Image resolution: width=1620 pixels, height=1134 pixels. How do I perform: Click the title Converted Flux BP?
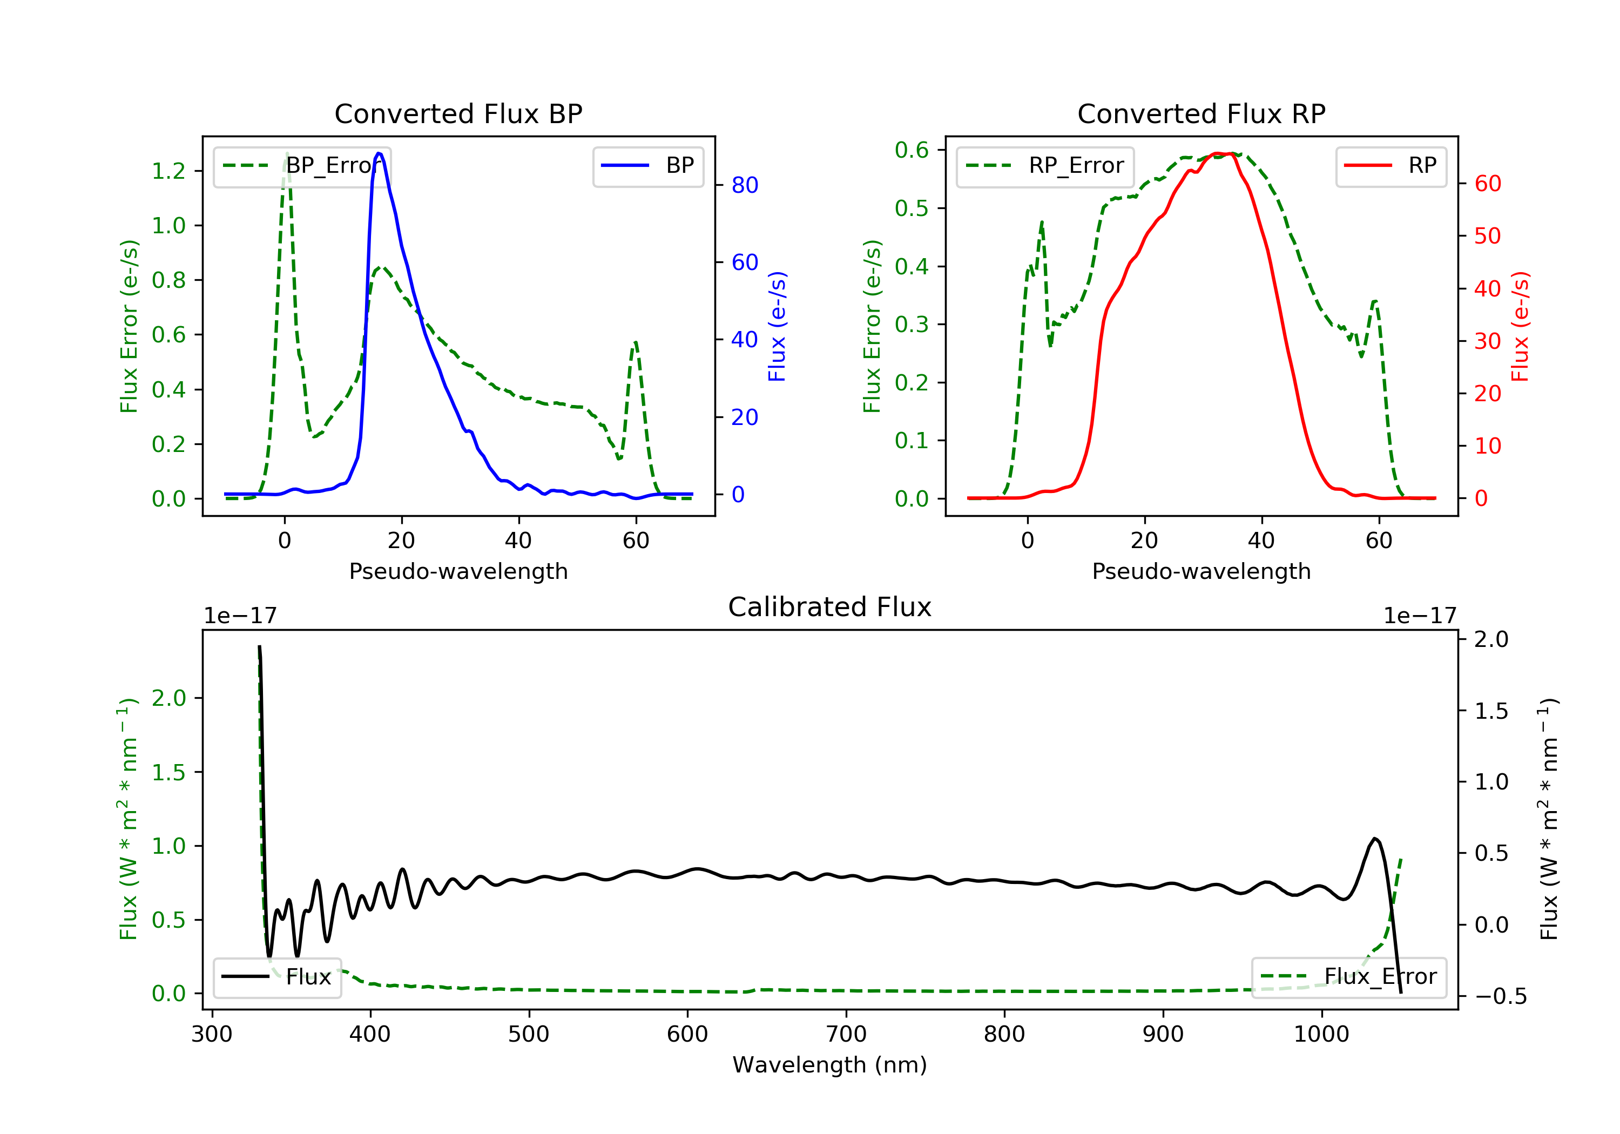point(458,113)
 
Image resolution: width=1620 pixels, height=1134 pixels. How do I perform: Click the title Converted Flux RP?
point(1201,113)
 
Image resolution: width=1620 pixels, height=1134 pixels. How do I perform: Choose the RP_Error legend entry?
point(1045,166)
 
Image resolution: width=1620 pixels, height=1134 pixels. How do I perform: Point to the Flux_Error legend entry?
point(1348,977)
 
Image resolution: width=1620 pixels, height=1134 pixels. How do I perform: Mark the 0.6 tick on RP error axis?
point(912,150)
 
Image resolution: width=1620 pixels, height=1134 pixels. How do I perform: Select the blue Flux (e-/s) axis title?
point(777,327)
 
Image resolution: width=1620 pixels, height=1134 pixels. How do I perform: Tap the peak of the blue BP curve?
point(379,153)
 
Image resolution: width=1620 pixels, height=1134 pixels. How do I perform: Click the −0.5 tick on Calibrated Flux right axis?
point(1500,996)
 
